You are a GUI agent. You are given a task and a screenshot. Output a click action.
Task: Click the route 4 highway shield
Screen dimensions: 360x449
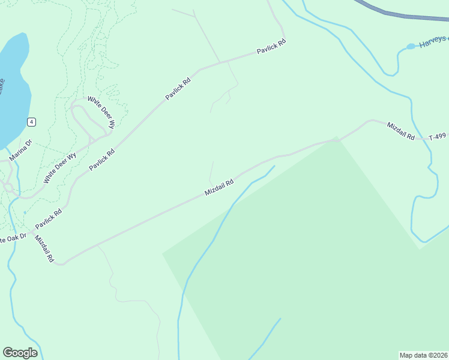pos(31,122)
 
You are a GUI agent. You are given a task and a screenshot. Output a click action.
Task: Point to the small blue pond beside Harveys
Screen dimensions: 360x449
pos(411,46)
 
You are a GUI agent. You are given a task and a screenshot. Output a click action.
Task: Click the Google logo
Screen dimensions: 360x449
pos(20,352)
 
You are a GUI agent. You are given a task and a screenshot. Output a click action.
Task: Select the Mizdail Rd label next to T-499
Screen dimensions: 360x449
pos(401,131)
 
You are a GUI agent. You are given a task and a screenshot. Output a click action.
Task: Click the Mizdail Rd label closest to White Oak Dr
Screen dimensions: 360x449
pos(44,250)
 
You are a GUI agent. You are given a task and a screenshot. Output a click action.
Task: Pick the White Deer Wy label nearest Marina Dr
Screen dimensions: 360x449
pos(60,169)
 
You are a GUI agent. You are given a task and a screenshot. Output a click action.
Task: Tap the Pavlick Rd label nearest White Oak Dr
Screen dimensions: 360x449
pos(49,220)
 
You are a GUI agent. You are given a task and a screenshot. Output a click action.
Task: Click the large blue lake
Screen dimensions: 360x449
pos(12,90)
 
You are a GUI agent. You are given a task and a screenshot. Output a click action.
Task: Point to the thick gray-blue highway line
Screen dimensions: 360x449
pos(402,14)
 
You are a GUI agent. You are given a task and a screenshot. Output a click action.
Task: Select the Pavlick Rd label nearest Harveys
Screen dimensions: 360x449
pos(271,47)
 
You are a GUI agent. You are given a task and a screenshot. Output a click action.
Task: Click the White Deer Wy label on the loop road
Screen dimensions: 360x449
pos(101,113)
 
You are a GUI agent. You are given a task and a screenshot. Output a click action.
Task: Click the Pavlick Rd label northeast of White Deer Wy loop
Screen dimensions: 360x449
pos(178,88)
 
